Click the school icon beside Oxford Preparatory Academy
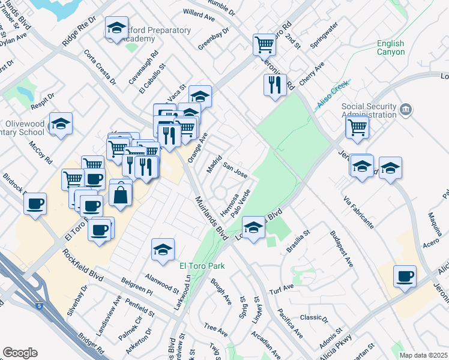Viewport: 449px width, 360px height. tap(116, 28)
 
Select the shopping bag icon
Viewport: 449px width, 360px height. tap(121, 194)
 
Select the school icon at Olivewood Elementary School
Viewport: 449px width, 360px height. tap(61, 124)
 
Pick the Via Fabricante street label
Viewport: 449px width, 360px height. tap(358, 212)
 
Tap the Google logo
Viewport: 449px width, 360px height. tap(20, 353)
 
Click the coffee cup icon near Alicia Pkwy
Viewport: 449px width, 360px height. tap(405, 276)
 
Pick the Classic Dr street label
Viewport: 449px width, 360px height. tap(314, 318)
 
